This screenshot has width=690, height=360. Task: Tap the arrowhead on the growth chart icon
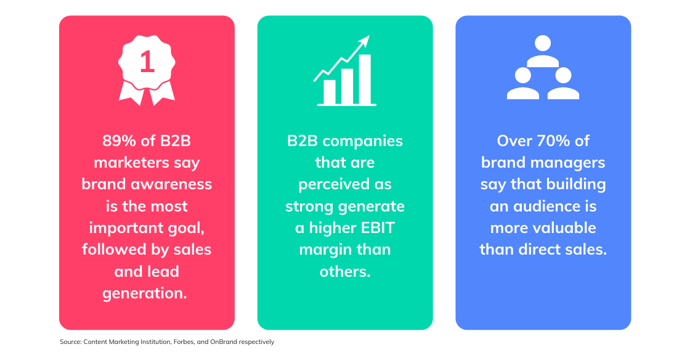364,41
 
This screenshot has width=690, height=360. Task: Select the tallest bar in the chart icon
365,79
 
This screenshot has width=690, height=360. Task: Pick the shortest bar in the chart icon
329,91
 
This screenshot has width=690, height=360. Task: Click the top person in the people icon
543,51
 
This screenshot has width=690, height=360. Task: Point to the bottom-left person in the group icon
523,83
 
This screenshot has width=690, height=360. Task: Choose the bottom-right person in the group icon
563,83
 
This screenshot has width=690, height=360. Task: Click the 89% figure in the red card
120,141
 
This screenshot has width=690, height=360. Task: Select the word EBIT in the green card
378,228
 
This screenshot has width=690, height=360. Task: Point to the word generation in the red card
145,293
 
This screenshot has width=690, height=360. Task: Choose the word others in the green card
345,271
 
